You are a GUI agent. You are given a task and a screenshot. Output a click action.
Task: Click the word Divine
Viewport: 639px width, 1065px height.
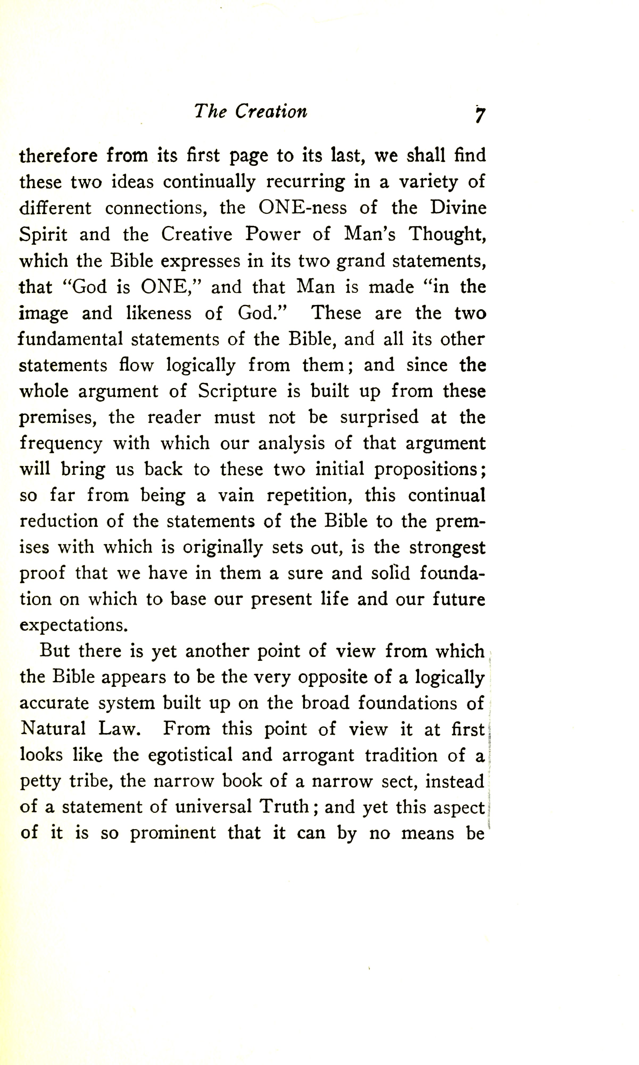458,208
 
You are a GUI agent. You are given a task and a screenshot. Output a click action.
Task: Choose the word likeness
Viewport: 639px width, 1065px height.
159,313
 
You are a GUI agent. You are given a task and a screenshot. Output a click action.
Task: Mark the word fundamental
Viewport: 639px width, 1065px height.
70,339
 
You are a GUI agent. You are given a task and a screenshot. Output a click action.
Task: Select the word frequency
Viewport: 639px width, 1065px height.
61,444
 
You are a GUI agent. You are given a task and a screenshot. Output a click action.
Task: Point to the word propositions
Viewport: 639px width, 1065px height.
430,470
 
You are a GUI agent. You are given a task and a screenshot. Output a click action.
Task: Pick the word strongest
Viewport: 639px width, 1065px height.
447,548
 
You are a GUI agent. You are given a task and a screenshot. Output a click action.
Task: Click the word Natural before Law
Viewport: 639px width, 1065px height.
53,729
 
